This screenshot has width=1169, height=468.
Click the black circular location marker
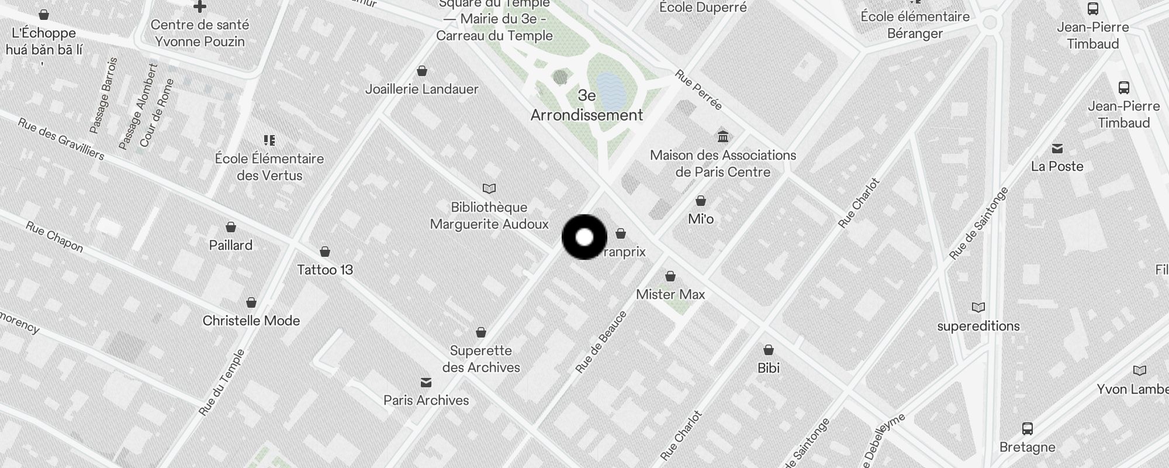pos(584,238)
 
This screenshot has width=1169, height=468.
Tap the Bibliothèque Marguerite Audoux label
pos(489,216)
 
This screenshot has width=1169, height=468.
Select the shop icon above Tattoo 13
pos(325,252)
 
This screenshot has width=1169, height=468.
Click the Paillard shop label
pos(231,245)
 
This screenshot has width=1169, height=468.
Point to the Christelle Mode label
pos(251,321)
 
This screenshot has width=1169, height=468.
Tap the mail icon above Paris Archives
pos(426,383)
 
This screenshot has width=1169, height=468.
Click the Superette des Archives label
pos(481,359)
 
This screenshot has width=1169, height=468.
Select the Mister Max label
pos(670,294)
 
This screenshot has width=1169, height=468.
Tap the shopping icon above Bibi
pos(769,350)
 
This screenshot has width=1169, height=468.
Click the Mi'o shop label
pos(701,219)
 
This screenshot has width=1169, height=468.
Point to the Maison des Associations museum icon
pos(723,137)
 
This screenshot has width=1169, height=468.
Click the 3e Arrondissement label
pos(587,105)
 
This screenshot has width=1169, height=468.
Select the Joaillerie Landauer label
pos(421,89)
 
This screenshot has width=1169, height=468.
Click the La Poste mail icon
pos(1057,149)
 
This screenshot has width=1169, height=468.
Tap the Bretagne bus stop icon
pos(1028,429)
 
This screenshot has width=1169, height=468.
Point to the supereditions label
pos(978,326)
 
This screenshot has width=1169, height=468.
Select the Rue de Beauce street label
pos(601,342)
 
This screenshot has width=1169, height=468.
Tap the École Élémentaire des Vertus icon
pos(269,140)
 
